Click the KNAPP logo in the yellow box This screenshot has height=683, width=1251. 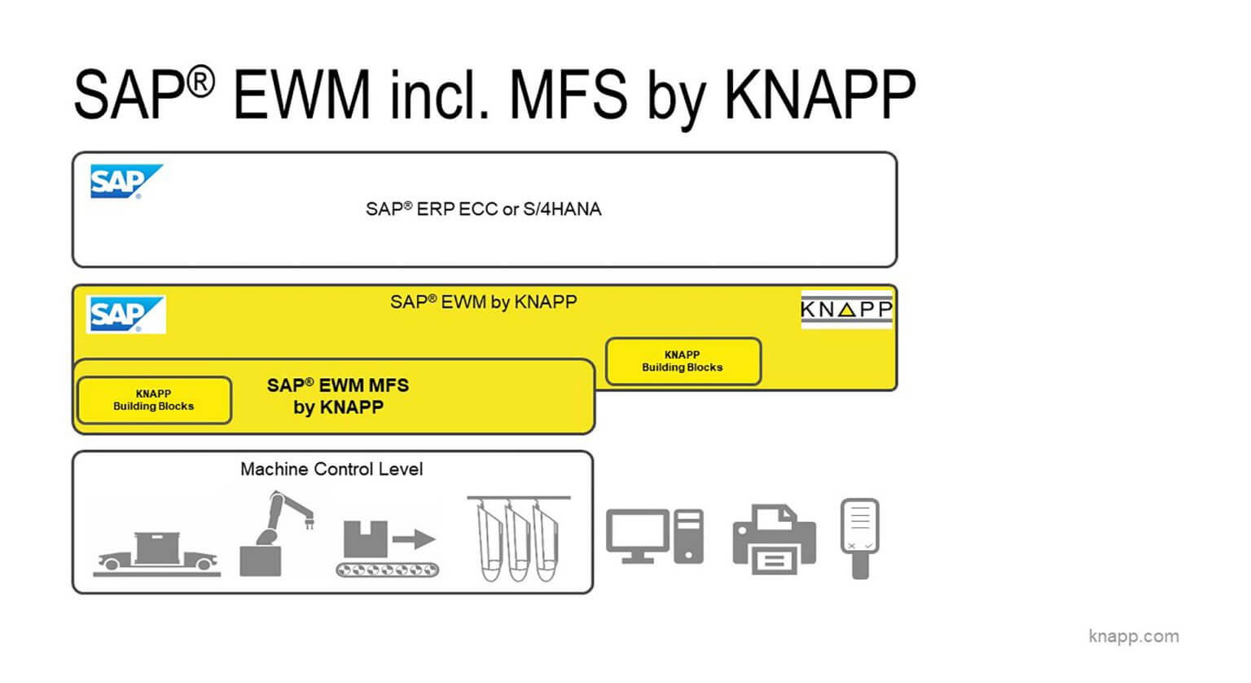pyautogui.click(x=846, y=310)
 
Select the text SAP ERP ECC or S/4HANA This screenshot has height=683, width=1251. pyautogui.click(x=484, y=209)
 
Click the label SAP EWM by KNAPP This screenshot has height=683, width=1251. pyautogui.click(x=484, y=302)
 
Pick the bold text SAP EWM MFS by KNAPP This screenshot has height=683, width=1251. pyautogui.click(x=338, y=396)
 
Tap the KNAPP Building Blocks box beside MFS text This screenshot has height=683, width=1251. pyautogui.click(x=154, y=400)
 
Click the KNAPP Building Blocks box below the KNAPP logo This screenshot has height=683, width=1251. pyautogui.click(x=683, y=362)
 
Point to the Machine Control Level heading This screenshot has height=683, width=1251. pyautogui.click(x=331, y=469)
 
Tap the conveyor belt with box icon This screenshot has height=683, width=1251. pyautogui.click(x=387, y=551)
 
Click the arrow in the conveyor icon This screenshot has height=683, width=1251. pyautogui.click(x=415, y=539)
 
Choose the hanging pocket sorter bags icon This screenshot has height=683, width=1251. pyautogui.click(x=518, y=538)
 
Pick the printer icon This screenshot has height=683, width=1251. pyautogui.click(x=774, y=539)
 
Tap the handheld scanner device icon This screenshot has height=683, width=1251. pyautogui.click(x=859, y=537)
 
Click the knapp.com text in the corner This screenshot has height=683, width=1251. pyautogui.click(x=1133, y=637)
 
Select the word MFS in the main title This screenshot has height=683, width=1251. pyautogui.click(x=568, y=95)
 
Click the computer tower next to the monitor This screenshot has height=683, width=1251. pyautogui.click(x=689, y=536)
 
